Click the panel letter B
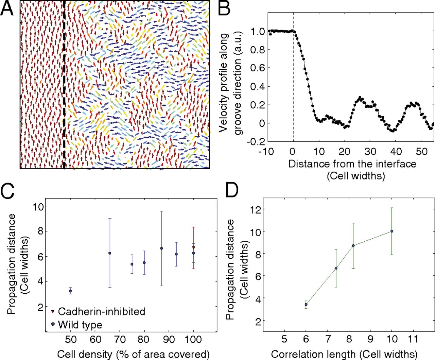[x=224, y=8]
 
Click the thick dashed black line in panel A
[x=64, y=85]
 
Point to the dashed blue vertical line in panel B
[x=293, y=85]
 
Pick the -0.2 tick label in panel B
[x=256, y=141]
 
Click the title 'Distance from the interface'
[x=352, y=164]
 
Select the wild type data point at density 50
[x=70, y=291]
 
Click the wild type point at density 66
[x=110, y=253]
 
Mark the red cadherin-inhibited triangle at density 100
[x=194, y=247]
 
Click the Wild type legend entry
[x=80, y=324]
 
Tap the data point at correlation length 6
[x=306, y=305]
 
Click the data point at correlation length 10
[x=391, y=231]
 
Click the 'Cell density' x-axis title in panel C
[x=133, y=354]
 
